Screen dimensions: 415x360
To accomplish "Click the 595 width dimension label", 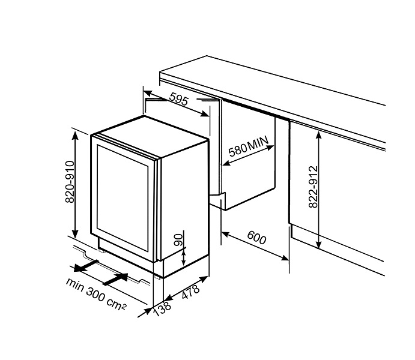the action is (178, 99).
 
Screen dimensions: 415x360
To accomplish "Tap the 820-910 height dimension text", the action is (70, 182).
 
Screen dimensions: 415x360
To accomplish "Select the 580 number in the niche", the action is (237, 151).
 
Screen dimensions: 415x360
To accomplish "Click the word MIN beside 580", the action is (258, 143).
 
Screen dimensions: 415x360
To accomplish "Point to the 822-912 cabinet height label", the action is (313, 187).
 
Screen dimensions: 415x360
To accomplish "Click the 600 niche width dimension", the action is (256, 238).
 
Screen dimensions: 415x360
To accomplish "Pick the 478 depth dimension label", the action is (190, 292).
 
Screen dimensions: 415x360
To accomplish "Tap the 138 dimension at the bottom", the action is (162, 309).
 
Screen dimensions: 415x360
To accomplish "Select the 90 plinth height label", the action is (179, 240).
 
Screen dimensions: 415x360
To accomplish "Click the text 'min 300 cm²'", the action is (96, 293).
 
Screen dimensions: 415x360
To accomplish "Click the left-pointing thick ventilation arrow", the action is (86, 266).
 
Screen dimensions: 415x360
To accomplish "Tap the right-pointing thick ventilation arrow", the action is (115, 279).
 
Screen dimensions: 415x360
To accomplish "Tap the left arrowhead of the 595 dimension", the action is (147, 93).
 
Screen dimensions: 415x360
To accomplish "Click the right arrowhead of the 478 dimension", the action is (204, 278).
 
